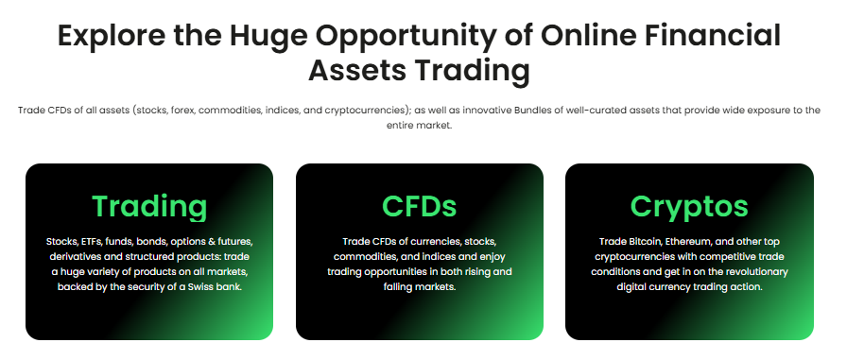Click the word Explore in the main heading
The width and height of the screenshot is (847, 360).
[x=112, y=36]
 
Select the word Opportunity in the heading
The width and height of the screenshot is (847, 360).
[x=406, y=36]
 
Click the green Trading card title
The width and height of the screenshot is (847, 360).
[x=149, y=206]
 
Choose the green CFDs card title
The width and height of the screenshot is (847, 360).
[x=419, y=206]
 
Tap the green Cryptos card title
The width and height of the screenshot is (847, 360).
[x=689, y=206]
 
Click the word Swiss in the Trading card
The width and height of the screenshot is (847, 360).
[x=201, y=286]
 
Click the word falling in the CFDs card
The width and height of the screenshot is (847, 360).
[x=398, y=286]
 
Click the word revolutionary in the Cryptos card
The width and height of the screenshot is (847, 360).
[x=757, y=271]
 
